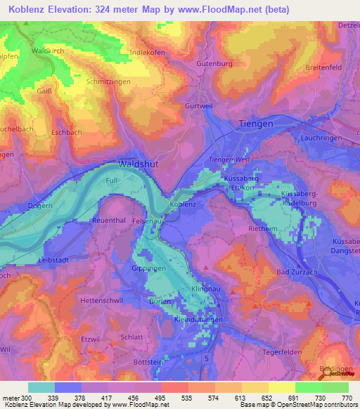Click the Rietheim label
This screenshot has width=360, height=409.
click(x=264, y=228)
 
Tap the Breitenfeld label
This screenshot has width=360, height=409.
click(x=327, y=67)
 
